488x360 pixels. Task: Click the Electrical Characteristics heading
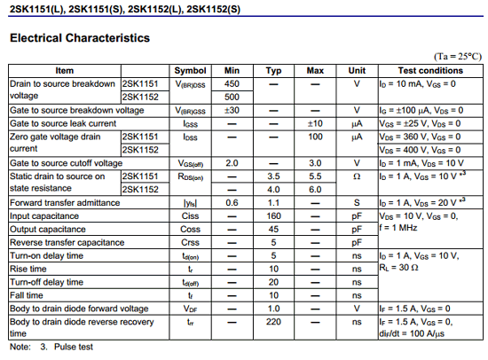click(79, 39)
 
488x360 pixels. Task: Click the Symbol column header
click(190, 70)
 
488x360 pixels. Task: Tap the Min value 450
click(232, 83)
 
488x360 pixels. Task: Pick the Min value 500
click(232, 97)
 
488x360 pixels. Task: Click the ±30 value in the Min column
click(232, 110)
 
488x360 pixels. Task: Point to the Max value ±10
click(315, 123)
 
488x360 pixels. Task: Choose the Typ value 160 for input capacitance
click(274, 215)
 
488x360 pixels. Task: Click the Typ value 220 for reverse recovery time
click(274, 322)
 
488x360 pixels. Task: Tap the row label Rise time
click(28, 269)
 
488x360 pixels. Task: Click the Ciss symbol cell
click(190, 215)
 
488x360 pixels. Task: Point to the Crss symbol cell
click(190, 242)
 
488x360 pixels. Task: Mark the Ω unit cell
click(357, 176)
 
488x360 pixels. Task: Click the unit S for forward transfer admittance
click(357, 202)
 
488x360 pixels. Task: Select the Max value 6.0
click(315, 189)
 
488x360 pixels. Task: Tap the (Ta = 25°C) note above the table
click(458, 56)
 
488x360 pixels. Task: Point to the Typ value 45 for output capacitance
click(274, 229)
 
